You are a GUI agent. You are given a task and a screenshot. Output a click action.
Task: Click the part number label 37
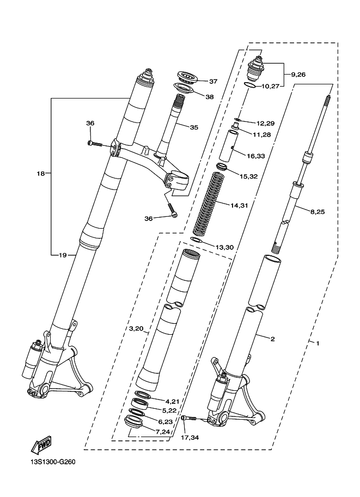[x=213, y=82]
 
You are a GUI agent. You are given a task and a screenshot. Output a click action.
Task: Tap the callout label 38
[x=210, y=97]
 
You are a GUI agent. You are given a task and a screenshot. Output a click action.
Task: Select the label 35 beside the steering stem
[x=194, y=127]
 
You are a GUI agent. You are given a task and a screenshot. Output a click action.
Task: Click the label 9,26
[x=298, y=74]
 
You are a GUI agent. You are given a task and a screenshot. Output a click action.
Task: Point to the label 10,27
[x=274, y=85]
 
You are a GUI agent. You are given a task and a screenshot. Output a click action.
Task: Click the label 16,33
[x=255, y=156]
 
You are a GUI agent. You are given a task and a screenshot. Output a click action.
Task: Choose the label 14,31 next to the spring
[x=239, y=205]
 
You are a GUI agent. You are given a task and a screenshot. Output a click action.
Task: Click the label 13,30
[x=224, y=247]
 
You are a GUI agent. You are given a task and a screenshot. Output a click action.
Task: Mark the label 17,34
[x=190, y=437]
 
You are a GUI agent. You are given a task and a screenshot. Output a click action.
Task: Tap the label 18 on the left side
[x=40, y=174]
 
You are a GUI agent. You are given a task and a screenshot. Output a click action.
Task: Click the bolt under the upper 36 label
[x=95, y=143]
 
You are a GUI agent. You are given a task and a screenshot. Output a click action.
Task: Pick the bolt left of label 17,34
[x=188, y=418]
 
